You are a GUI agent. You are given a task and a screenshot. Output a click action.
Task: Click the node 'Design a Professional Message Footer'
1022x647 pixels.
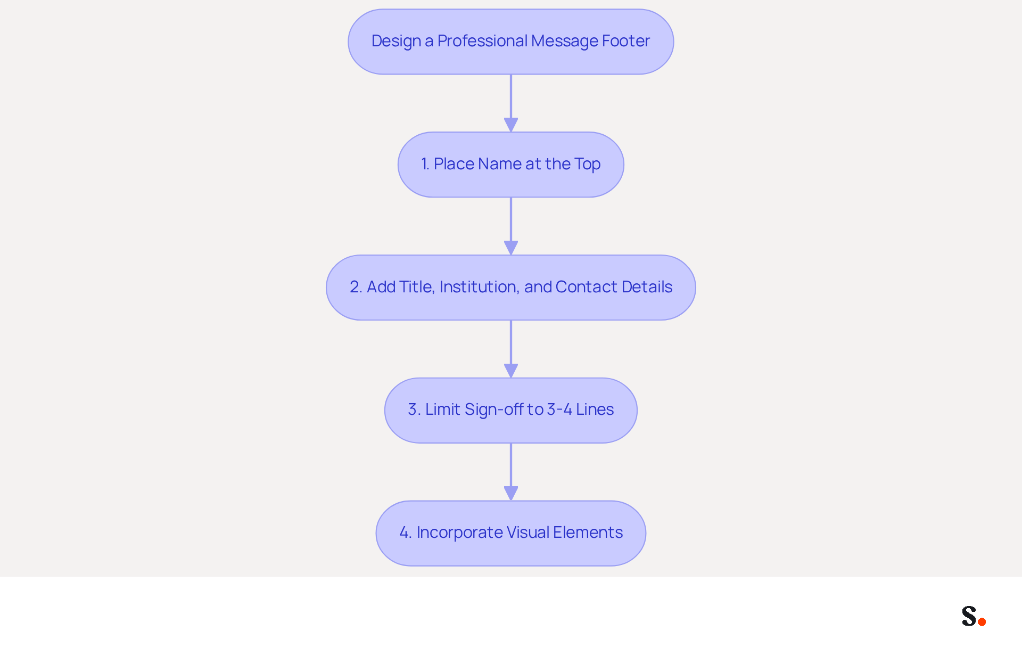(x=511, y=42)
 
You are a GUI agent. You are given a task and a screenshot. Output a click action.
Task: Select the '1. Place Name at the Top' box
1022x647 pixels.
(x=511, y=165)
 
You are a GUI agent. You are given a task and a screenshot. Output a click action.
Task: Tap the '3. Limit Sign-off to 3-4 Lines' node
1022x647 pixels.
(x=511, y=411)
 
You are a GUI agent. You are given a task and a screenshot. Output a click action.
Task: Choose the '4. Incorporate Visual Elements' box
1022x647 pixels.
(x=511, y=533)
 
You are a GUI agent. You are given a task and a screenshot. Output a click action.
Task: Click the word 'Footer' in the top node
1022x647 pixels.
(x=626, y=41)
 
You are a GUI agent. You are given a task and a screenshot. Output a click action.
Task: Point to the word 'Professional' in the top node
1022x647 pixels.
(x=482, y=41)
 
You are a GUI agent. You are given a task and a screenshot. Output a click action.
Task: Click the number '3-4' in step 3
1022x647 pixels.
(x=559, y=410)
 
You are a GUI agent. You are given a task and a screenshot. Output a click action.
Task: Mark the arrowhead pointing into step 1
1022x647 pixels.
(x=511, y=125)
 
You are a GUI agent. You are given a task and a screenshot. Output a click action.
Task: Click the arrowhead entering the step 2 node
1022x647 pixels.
(x=511, y=248)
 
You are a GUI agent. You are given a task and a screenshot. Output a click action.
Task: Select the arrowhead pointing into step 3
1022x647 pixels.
(x=511, y=371)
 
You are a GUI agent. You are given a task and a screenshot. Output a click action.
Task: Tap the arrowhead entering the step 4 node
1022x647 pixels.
(x=511, y=494)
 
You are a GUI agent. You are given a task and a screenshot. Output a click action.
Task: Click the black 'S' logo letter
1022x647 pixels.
(x=969, y=616)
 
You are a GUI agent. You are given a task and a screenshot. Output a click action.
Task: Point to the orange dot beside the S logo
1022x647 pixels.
(x=982, y=622)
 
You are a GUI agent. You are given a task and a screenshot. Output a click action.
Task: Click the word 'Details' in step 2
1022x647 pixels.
(x=647, y=287)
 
